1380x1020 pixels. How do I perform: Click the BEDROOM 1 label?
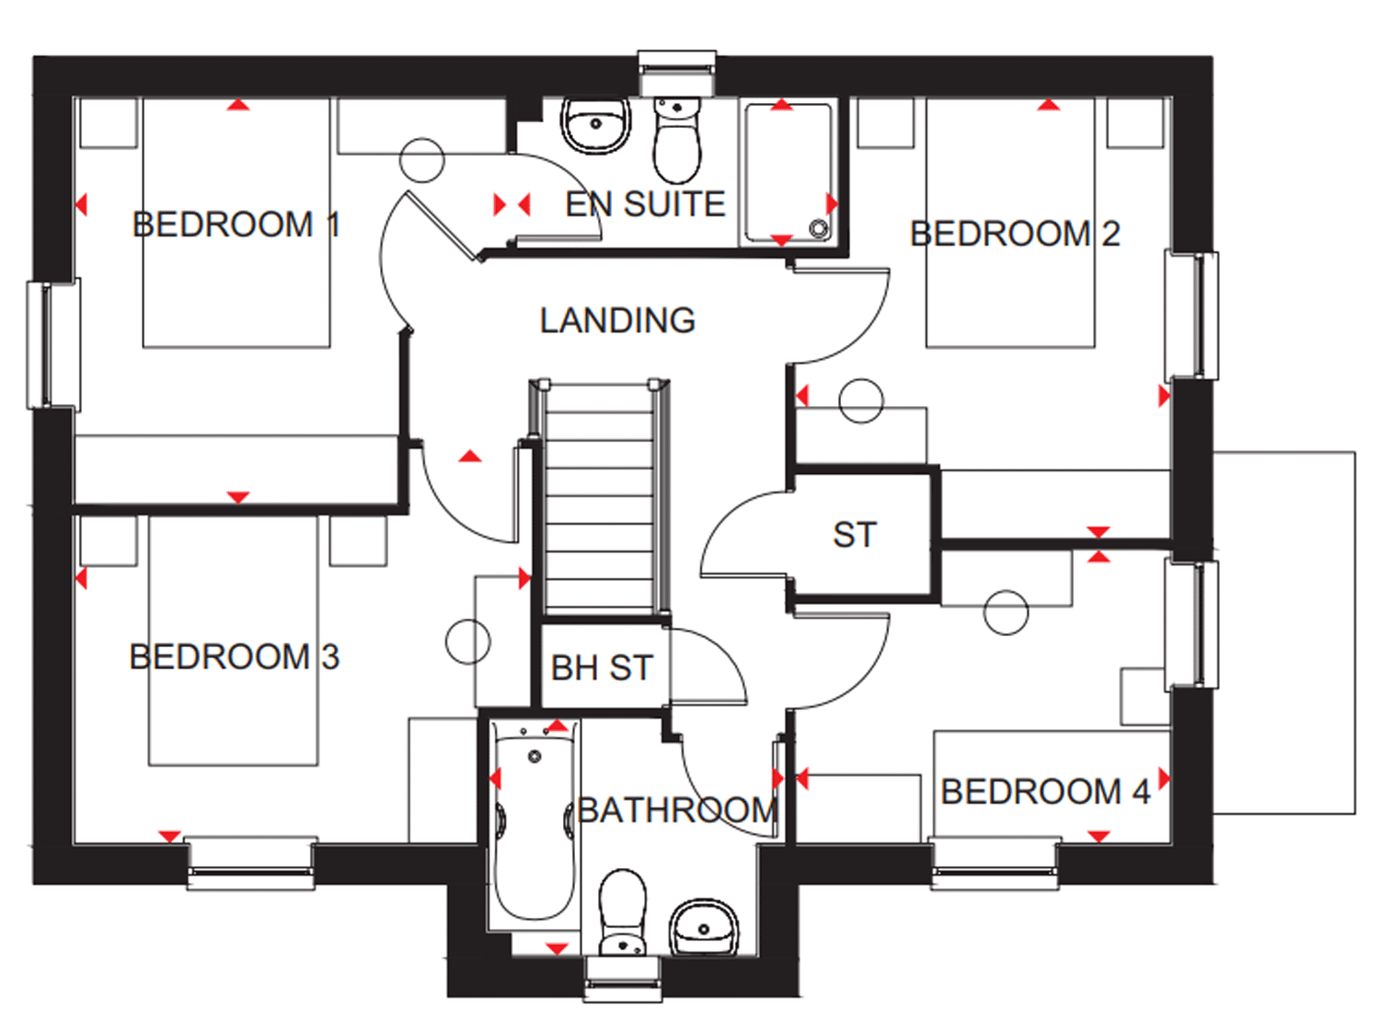pyautogui.click(x=236, y=225)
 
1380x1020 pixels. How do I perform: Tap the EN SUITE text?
pyautogui.click(x=645, y=204)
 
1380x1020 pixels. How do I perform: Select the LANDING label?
pyautogui.click(x=617, y=320)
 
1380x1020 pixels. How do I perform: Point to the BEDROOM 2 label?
pyautogui.click(x=1015, y=234)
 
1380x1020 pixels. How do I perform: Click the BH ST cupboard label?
pyautogui.click(x=602, y=667)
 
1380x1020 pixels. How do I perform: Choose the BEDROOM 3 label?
pyautogui.click(x=234, y=656)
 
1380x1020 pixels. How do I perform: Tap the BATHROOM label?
pyautogui.click(x=677, y=809)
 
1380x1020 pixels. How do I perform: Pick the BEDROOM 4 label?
pyautogui.click(x=1045, y=792)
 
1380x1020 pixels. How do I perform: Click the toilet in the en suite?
pyautogui.click(x=677, y=140)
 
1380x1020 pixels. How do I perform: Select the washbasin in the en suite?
pyautogui.click(x=595, y=125)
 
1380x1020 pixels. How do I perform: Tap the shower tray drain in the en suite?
pyautogui.click(x=819, y=228)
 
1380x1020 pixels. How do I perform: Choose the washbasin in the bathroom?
pyautogui.click(x=704, y=927)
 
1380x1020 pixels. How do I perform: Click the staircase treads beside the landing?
pyautogui.click(x=599, y=498)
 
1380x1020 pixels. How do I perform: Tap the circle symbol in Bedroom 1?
pyautogui.click(x=422, y=160)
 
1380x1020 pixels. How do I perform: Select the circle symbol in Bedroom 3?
pyautogui.click(x=468, y=642)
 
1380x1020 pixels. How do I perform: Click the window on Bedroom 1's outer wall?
pyautogui.click(x=53, y=344)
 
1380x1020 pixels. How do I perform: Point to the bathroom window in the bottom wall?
pyautogui.click(x=622, y=979)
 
